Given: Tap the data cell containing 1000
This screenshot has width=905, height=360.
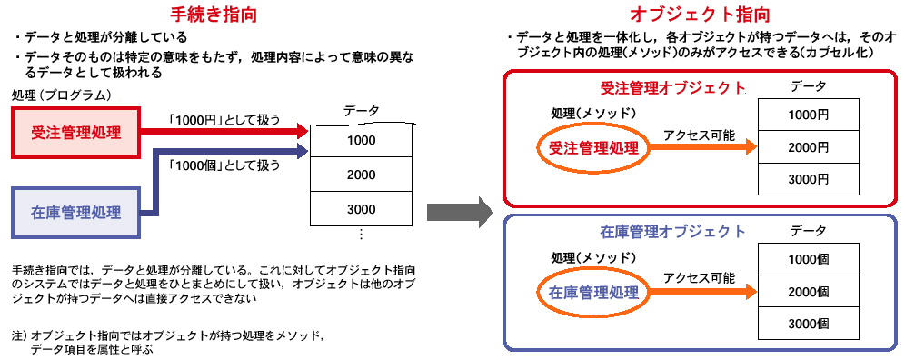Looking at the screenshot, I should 361,140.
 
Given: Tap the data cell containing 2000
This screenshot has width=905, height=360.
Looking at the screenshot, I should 361,175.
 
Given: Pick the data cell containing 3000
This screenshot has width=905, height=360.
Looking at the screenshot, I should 361,209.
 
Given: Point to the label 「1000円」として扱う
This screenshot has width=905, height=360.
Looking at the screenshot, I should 224,119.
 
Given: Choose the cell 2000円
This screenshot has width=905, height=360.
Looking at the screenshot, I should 808,147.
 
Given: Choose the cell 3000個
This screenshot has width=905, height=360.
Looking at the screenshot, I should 808,325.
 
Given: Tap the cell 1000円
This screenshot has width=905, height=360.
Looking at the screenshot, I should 808,115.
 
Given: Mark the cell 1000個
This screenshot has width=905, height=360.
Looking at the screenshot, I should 808,259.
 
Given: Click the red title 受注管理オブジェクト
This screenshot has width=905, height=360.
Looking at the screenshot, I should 672,88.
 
